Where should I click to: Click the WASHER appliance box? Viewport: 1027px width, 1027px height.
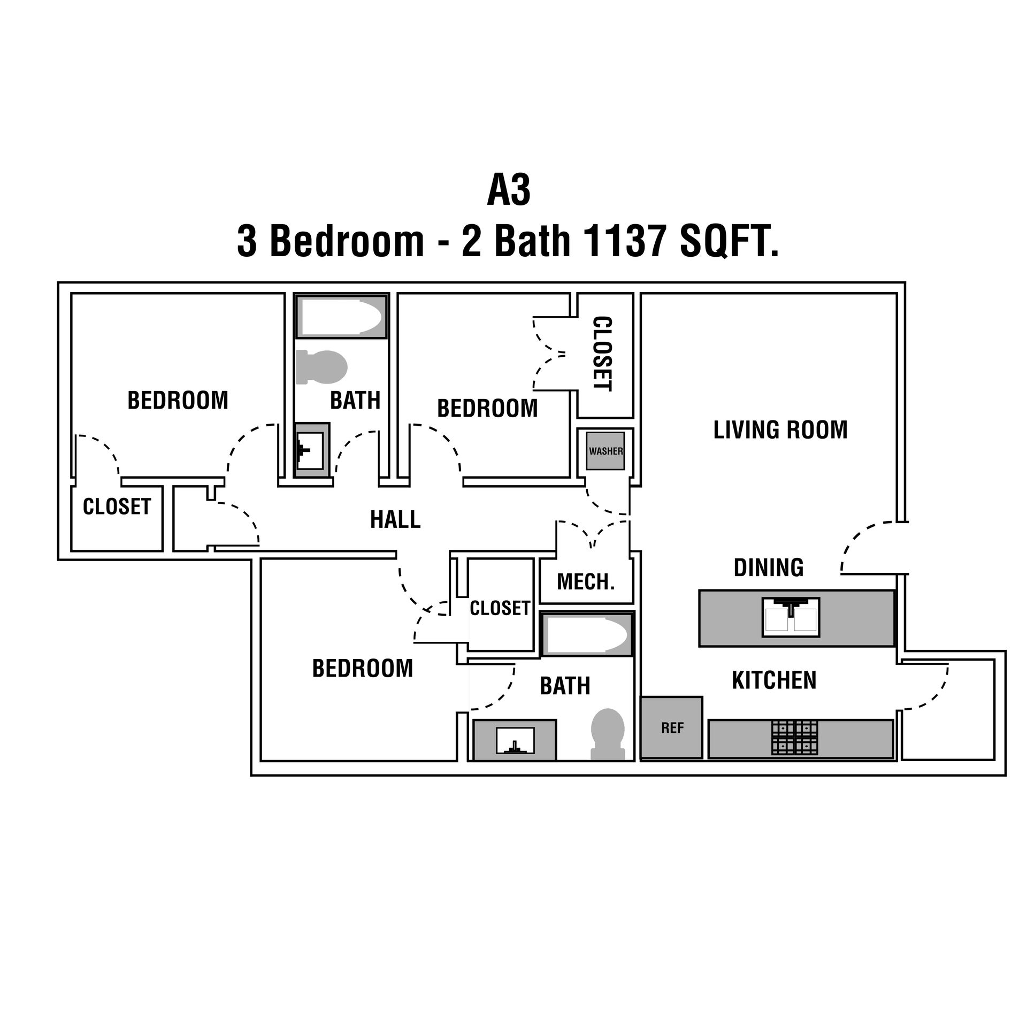[x=606, y=451]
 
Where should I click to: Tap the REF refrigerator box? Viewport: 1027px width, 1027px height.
[x=672, y=727]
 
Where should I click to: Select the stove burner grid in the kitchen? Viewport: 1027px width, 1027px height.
[x=794, y=738]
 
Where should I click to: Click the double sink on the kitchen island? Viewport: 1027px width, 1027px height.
[x=791, y=617]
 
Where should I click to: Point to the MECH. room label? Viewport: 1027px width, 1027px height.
[x=586, y=581]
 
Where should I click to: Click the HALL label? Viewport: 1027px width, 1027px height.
[x=395, y=519]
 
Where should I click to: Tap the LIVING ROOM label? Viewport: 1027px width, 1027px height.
[x=780, y=430]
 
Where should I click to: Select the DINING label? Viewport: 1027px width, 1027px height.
[x=769, y=568]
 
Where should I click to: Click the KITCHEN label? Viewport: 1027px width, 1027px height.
[x=774, y=680]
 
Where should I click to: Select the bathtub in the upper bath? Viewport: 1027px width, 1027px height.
[x=341, y=317]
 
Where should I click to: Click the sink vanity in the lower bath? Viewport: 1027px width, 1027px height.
[x=515, y=740]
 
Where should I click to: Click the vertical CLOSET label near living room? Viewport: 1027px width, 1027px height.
[x=603, y=354]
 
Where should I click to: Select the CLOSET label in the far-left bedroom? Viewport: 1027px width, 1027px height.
[x=117, y=507]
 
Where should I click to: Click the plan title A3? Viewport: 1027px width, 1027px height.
[x=508, y=191]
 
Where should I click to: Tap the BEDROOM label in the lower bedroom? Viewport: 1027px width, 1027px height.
[x=363, y=668]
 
